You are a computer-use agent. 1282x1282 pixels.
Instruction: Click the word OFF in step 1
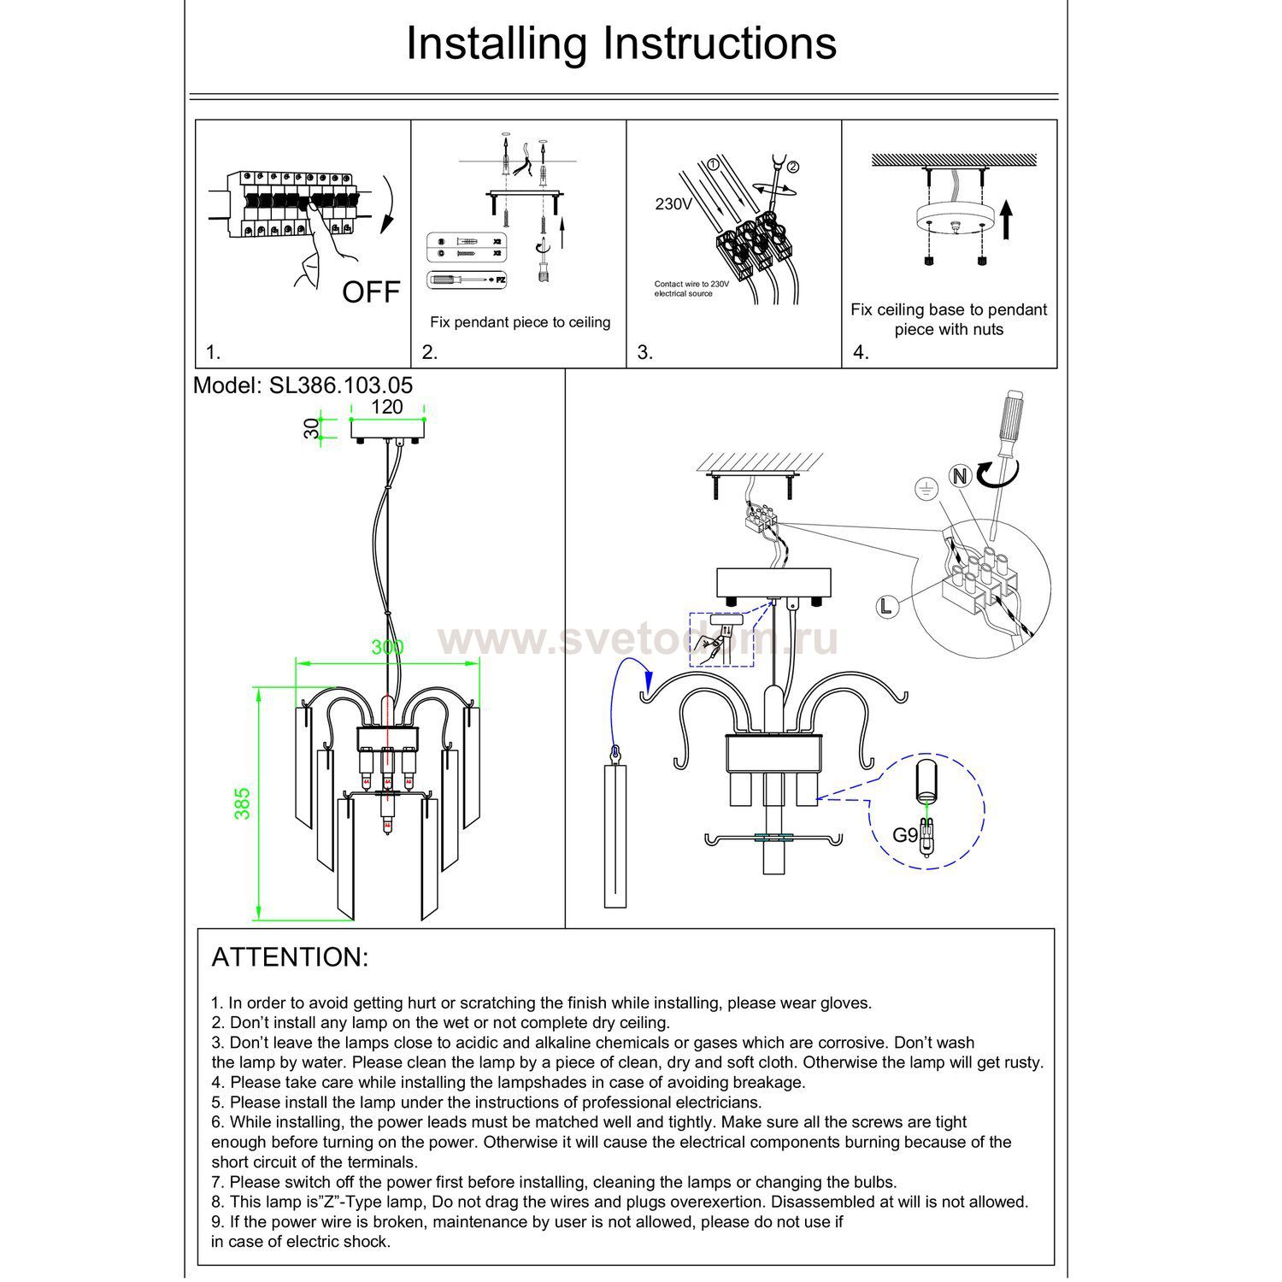coord(371,292)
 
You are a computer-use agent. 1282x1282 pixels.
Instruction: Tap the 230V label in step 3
coord(673,204)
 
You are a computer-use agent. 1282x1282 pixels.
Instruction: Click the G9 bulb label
coord(905,834)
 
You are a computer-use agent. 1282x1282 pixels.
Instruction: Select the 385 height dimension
coord(243,803)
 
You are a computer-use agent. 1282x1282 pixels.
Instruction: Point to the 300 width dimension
coord(387,648)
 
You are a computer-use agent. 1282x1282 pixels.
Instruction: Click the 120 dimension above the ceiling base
coord(387,407)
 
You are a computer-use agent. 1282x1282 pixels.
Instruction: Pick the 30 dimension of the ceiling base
coord(313,427)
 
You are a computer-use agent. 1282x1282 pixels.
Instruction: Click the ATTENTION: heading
coord(290,957)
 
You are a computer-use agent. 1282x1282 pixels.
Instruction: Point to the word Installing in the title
coord(497,44)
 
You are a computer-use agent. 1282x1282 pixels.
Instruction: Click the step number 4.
coord(861,352)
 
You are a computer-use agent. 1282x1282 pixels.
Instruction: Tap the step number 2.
coord(430,352)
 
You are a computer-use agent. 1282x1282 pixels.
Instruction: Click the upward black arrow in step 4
coord(1006,219)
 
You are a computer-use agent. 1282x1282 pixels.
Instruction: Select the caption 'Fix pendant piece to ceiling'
coord(520,322)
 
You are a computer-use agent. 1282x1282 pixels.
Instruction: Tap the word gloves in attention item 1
coord(844,1003)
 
